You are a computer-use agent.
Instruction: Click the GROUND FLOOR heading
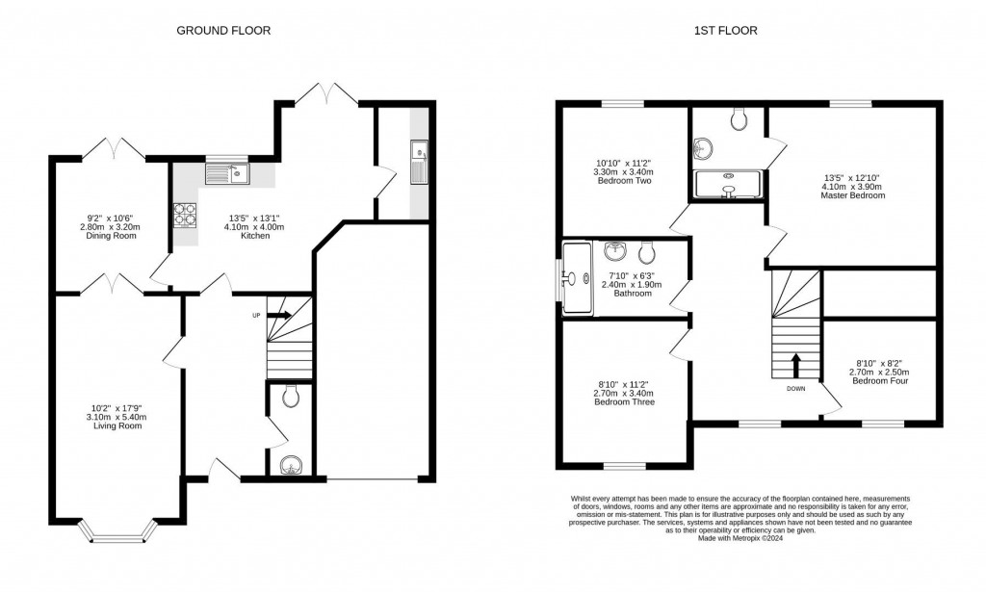[x=222, y=31]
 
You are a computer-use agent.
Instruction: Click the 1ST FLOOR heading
[x=725, y=31]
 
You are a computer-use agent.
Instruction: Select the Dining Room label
[x=110, y=236]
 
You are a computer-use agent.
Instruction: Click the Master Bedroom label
[x=852, y=195]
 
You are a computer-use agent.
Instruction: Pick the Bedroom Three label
[x=625, y=401]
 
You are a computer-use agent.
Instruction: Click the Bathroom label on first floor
[x=633, y=293]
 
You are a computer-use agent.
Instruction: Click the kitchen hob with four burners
[x=184, y=214]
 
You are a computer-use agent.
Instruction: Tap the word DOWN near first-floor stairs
[x=795, y=389]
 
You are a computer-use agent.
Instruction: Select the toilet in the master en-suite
[x=739, y=119]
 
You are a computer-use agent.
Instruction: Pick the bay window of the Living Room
[x=116, y=532]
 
